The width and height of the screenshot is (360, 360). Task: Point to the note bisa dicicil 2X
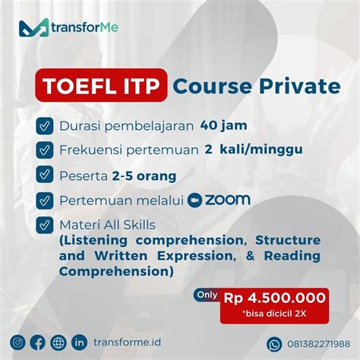coord(274,314)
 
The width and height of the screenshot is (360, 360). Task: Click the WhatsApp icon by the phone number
coord(274,343)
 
